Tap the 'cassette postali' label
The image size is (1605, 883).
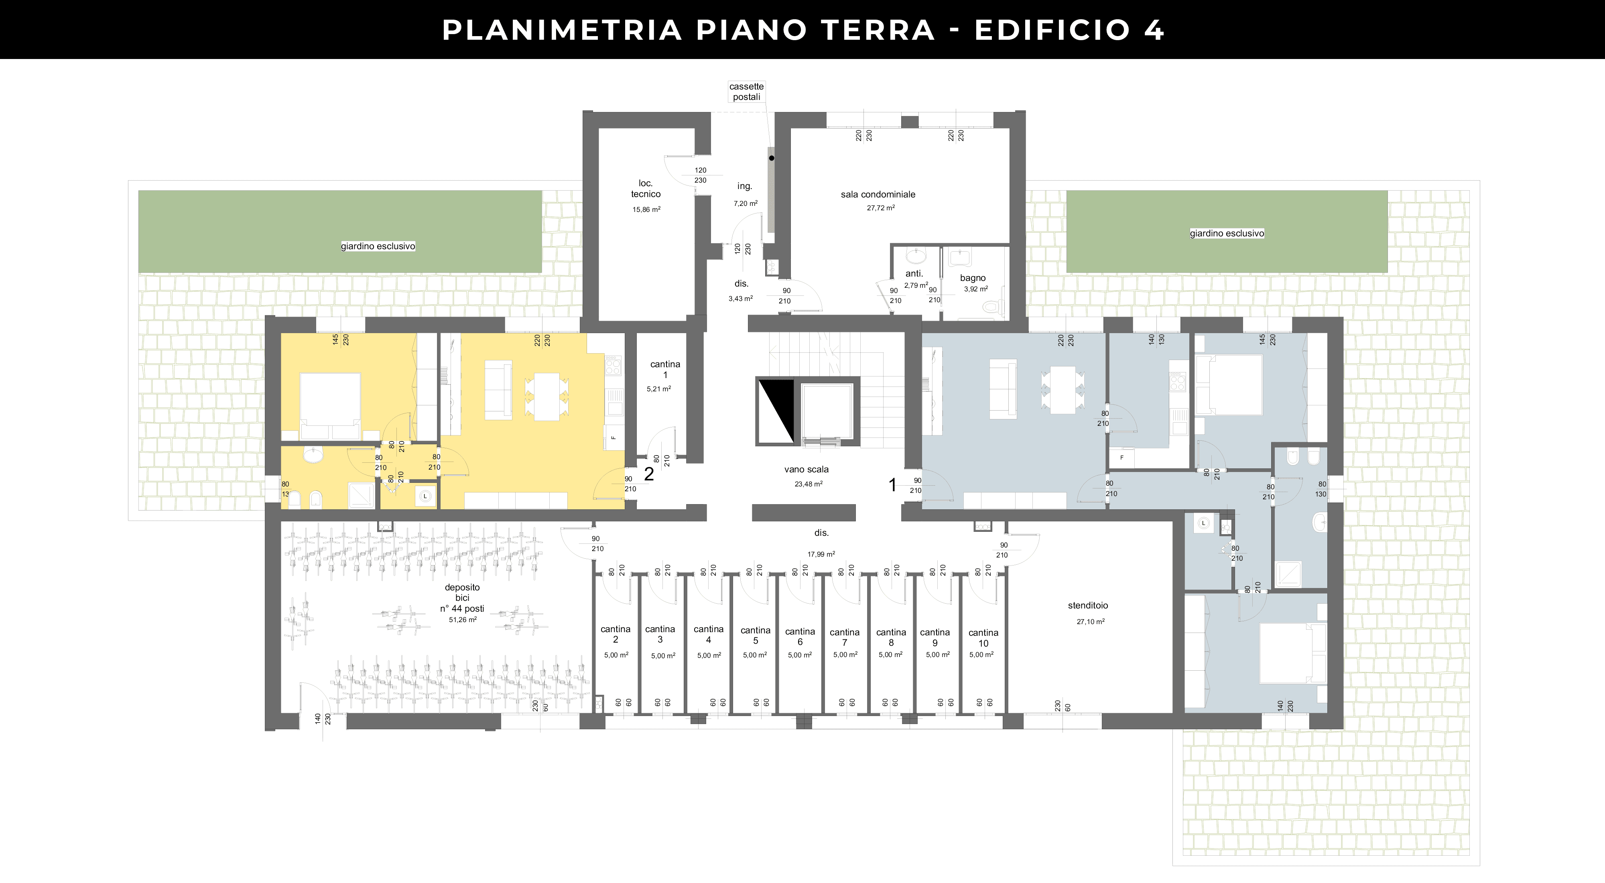click(x=746, y=92)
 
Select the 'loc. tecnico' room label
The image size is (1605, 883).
click(x=646, y=189)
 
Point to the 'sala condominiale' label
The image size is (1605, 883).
click(x=878, y=194)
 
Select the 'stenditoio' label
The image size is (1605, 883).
click(x=1088, y=606)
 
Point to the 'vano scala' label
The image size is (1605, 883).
click(x=806, y=469)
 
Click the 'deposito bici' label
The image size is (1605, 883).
click(x=462, y=592)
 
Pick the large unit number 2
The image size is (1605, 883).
click(x=648, y=474)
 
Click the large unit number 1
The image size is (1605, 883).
click(x=892, y=485)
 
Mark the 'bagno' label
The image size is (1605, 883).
click(x=973, y=278)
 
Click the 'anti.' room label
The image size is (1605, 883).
click(x=914, y=274)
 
